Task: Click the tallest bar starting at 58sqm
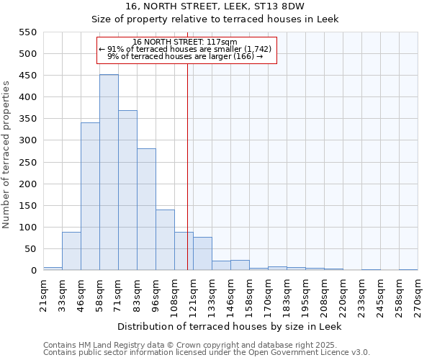coord(109,173)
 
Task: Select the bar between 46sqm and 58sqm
coord(90,197)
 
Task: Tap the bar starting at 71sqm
coord(127,191)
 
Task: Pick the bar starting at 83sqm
coord(146,210)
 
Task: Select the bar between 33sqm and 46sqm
coord(71,251)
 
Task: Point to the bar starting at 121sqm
coord(202,254)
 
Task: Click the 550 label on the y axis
coord(27,32)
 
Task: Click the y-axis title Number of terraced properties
coord(6,155)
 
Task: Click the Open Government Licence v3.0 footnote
coord(207,353)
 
